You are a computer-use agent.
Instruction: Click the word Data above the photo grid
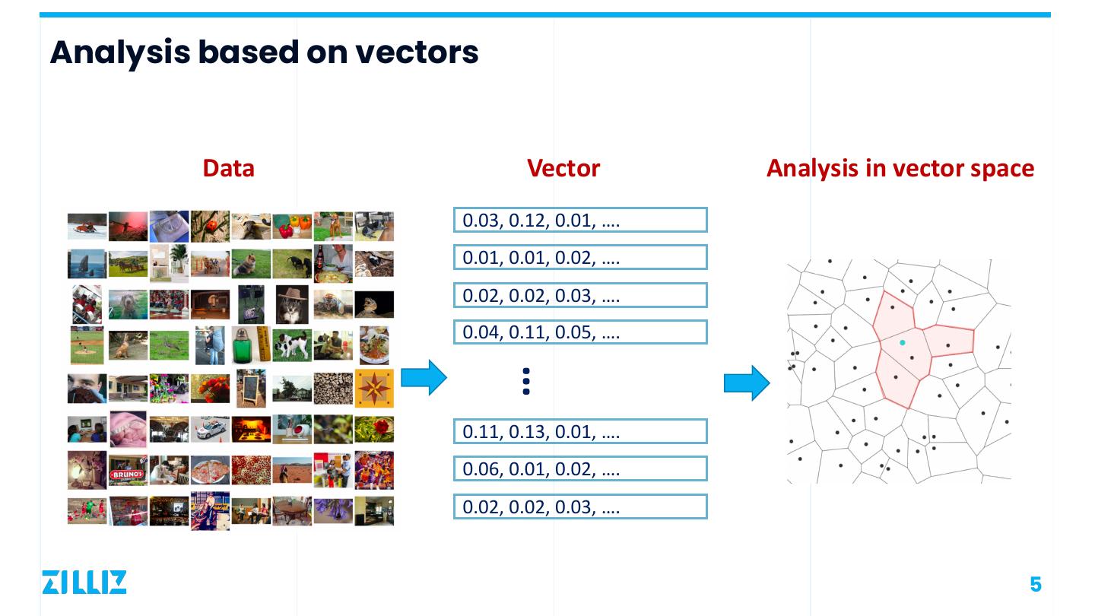(228, 168)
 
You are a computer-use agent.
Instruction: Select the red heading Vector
(563, 168)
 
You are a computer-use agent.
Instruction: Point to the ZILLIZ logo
(84, 582)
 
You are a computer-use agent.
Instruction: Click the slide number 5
(1035, 584)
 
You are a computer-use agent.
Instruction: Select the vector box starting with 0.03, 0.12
(580, 221)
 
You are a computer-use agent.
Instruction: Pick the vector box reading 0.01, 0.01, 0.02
(580, 258)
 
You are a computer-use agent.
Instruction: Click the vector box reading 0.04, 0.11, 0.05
(580, 332)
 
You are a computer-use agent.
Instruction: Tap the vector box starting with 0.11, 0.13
(580, 432)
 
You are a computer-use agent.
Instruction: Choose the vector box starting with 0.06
(580, 469)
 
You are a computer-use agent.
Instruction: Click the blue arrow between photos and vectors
(424, 377)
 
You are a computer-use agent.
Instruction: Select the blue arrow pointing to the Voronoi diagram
(747, 383)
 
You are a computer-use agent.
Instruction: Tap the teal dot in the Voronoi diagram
(903, 343)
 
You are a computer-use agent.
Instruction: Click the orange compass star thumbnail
(374, 389)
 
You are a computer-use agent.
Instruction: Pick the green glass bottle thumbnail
(251, 345)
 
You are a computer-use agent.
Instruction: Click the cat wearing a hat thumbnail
(292, 303)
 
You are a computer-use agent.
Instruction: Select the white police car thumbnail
(210, 430)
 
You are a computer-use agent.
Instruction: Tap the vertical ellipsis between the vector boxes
(526, 381)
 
